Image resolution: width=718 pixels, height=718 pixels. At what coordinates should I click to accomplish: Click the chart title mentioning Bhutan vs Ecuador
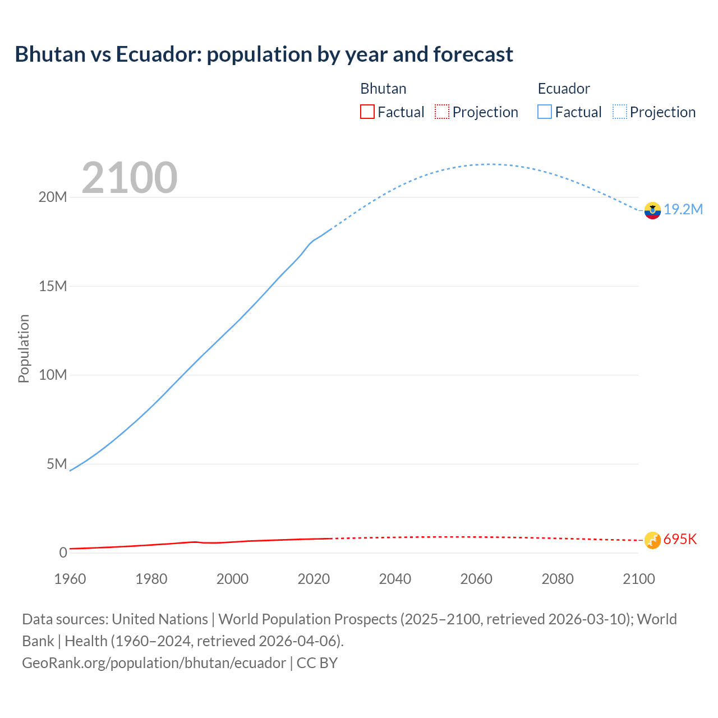tap(264, 54)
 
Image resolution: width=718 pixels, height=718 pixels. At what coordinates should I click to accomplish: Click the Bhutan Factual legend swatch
tap(367, 112)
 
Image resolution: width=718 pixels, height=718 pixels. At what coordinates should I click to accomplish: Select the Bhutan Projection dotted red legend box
tap(442, 112)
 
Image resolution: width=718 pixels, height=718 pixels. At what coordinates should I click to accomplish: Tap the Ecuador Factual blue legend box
tap(544, 112)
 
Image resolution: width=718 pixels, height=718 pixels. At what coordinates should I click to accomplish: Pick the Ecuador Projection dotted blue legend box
tap(620, 112)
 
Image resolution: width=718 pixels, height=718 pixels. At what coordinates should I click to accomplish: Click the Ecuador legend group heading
tap(563, 89)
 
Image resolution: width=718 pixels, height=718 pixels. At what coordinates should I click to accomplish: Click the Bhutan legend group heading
tap(383, 89)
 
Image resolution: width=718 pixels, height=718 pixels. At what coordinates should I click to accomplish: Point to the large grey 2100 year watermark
tap(130, 178)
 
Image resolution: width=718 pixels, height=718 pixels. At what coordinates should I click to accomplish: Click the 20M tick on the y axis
tap(53, 197)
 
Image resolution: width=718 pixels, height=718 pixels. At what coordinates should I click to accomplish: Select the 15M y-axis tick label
tap(53, 286)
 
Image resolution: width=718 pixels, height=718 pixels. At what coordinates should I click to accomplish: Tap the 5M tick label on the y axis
tap(57, 464)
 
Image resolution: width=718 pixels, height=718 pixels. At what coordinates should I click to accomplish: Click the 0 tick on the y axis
tap(63, 553)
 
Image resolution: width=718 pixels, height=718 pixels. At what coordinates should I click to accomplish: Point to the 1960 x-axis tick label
tap(70, 579)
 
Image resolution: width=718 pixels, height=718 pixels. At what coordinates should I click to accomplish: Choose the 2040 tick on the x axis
tap(395, 579)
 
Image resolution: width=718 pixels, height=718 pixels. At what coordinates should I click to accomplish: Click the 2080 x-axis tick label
tap(557, 579)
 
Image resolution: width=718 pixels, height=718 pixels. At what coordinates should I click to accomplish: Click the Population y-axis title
tap(24, 348)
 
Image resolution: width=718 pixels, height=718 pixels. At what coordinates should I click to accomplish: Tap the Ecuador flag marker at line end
tap(652, 210)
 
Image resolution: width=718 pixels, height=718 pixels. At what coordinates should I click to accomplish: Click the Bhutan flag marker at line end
tap(652, 540)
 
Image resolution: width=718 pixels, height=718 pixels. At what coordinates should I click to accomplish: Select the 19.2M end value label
tap(683, 209)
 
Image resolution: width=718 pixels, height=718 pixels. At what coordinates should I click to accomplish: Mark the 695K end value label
tap(680, 539)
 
